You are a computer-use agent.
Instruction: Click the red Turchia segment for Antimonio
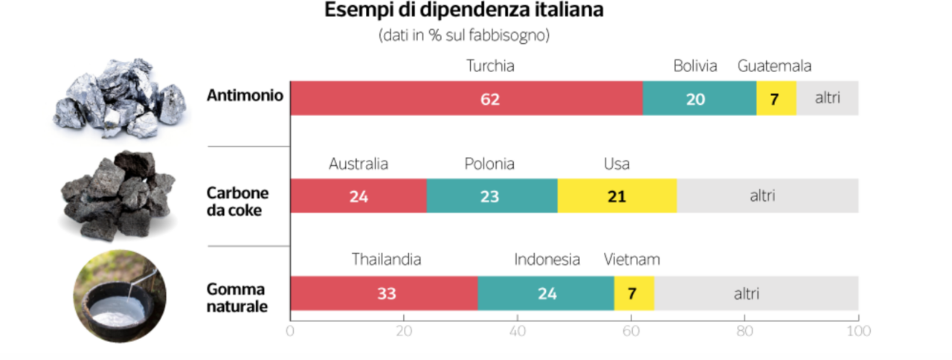coord(466,98)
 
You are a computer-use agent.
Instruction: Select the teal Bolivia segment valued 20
coord(699,98)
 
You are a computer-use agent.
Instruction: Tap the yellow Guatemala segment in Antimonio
coord(776,98)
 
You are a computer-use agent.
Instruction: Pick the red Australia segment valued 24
coord(358,196)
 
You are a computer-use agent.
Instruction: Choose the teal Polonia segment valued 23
coord(492,196)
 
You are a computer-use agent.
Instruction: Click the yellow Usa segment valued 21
coord(617,196)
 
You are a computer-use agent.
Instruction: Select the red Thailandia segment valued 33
coord(384,293)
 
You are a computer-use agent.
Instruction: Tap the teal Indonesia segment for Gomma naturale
coord(546,293)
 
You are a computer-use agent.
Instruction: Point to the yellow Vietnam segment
coord(634,293)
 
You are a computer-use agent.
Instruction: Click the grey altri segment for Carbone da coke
coord(767,196)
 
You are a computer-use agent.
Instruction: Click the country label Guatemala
coord(774,66)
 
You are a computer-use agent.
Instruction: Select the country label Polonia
coord(489,164)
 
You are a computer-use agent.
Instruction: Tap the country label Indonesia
coord(547,260)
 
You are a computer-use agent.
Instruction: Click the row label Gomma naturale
coord(237,298)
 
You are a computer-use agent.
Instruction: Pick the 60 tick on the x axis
coord(631,331)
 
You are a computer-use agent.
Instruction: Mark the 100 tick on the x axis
coord(858,331)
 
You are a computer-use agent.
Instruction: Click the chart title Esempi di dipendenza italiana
coord(463,11)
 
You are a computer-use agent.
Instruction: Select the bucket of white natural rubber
coord(119,296)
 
